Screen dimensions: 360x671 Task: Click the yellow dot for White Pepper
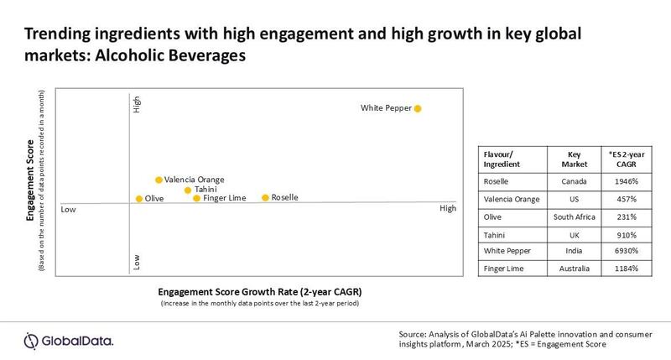(x=418, y=108)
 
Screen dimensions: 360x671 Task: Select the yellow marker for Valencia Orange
(x=158, y=180)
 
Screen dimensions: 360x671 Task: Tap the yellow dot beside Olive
(x=138, y=199)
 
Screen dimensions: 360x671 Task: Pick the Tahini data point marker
(x=188, y=190)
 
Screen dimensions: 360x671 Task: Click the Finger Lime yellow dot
(x=197, y=199)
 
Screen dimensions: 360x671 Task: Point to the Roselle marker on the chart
(x=265, y=198)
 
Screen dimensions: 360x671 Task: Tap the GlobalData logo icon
(x=32, y=339)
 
